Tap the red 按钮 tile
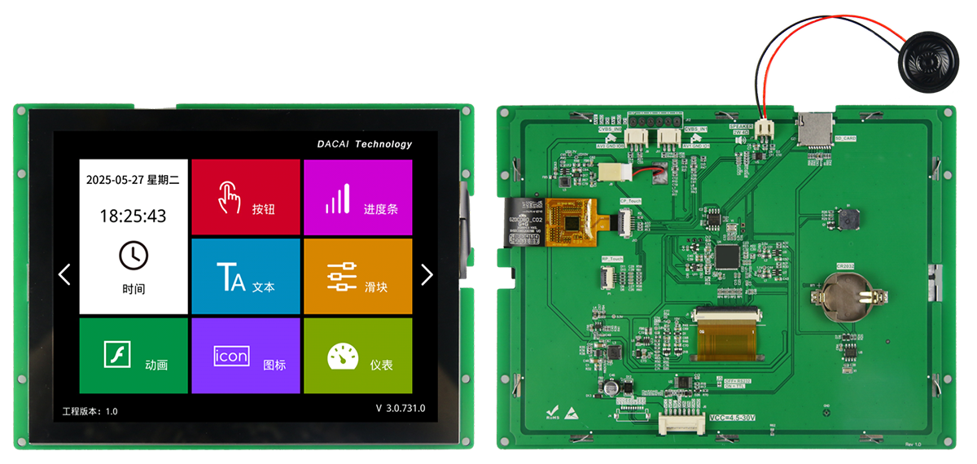[x=245, y=198]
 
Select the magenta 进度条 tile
[x=357, y=198]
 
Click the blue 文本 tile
[x=245, y=277]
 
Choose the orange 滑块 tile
[x=357, y=277]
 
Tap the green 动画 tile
[x=134, y=356]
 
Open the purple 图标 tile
[x=245, y=356]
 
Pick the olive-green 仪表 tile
[x=357, y=356]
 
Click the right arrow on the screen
[x=427, y=274]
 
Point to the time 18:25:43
[x=133, y=216]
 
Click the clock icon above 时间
[x=134, y=255]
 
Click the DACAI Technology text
[x=365, y=144]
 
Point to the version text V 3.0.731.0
[x=400, y=408]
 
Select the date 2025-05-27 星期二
[x=133, y=179]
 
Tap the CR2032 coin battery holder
[x=849, y=293]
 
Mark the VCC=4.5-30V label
[x=732, y=418]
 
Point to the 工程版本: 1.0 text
[x=90, y=411]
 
